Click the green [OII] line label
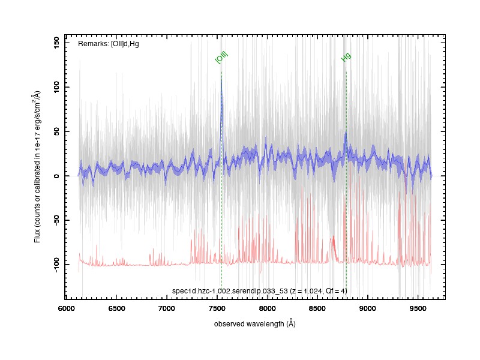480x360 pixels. tap(221, 58)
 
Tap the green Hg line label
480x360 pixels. tap(346, 57)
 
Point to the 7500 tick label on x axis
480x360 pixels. tap(217, 308)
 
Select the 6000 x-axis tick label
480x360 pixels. tap(66, 308)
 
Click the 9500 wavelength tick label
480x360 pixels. tap(418, 308)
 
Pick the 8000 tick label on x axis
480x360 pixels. tap(267, 308)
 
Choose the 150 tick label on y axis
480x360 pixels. tap(56, 43)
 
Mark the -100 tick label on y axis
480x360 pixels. tap(56, 265)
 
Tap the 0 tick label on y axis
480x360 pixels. tap(56, 176)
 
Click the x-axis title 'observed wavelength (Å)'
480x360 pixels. tap(254, 323)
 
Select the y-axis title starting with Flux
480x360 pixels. tap(37, 167)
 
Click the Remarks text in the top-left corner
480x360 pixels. tap(109, 44)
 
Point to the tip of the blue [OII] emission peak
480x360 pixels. tap(221, 77)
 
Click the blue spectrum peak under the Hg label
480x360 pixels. tap(346, 131)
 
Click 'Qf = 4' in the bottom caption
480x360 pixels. tap(335, 291)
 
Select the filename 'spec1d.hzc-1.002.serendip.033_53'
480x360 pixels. tap(230, 291)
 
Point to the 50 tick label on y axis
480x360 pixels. tap(56, 131)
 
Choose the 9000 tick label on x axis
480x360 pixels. tap(368, 308)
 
